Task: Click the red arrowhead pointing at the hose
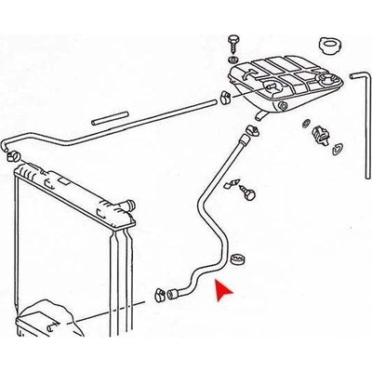pos(220,294)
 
